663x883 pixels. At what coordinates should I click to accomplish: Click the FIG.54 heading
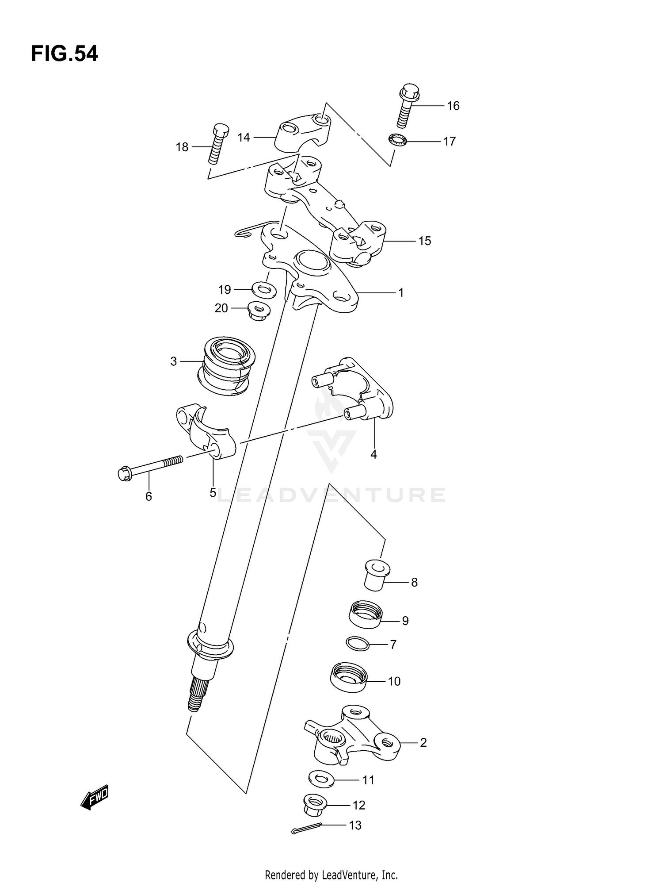[x=65, y=54]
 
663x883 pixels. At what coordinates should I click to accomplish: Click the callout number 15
[x=424, y=241]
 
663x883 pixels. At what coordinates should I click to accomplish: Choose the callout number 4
[x=373, y=454]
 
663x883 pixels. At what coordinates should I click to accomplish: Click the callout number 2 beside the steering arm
[x=423, y=743]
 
